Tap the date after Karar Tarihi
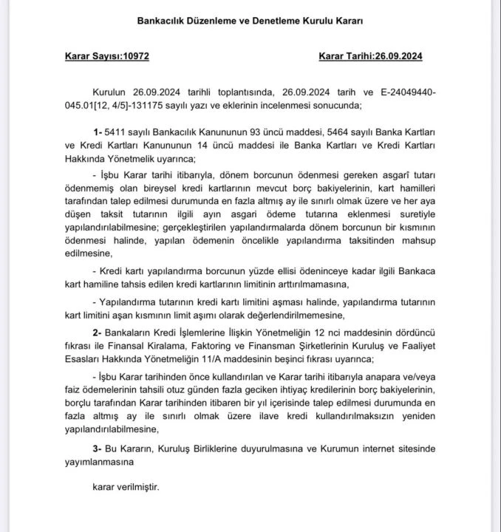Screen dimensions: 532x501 click(x=398, y=56)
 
